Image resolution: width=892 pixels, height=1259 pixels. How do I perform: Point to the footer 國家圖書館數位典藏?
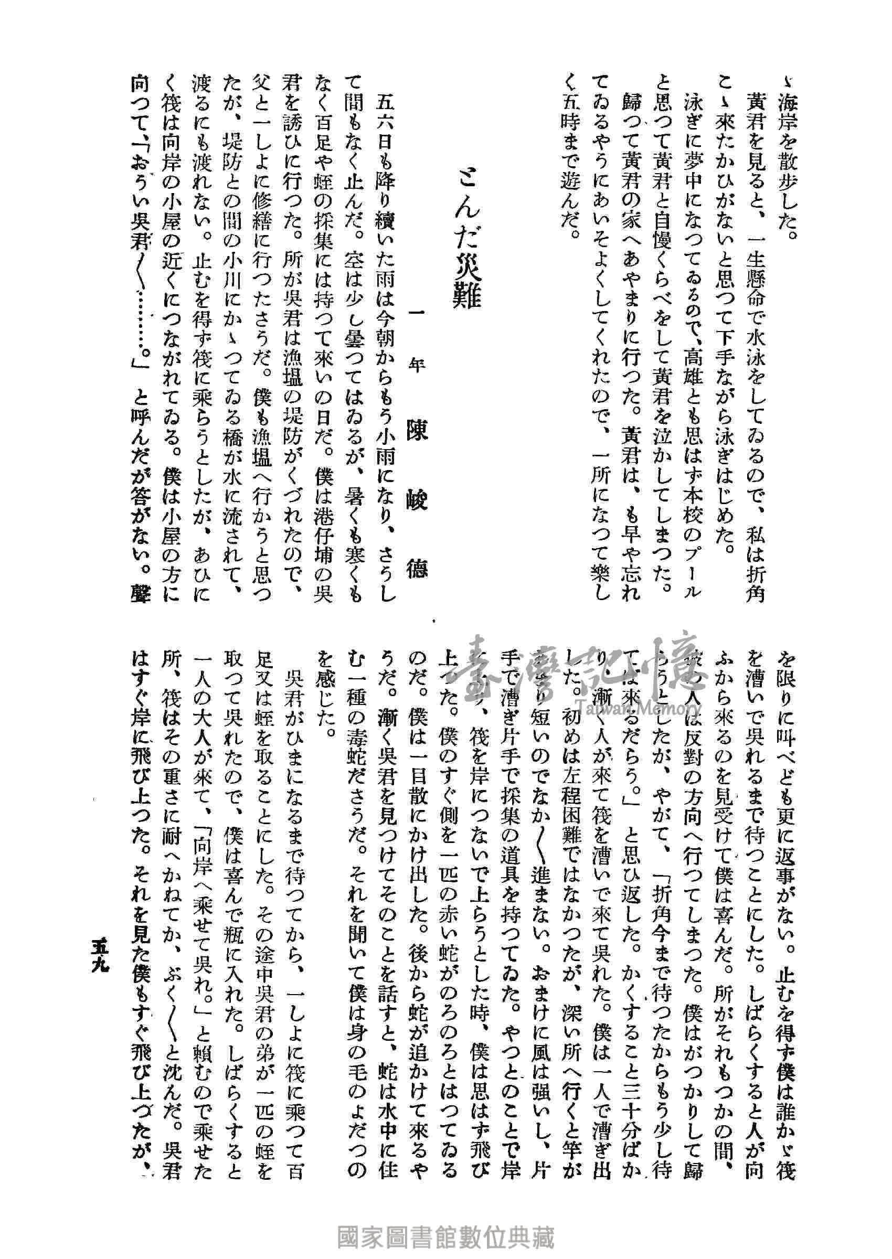(x=445, y=1236)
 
